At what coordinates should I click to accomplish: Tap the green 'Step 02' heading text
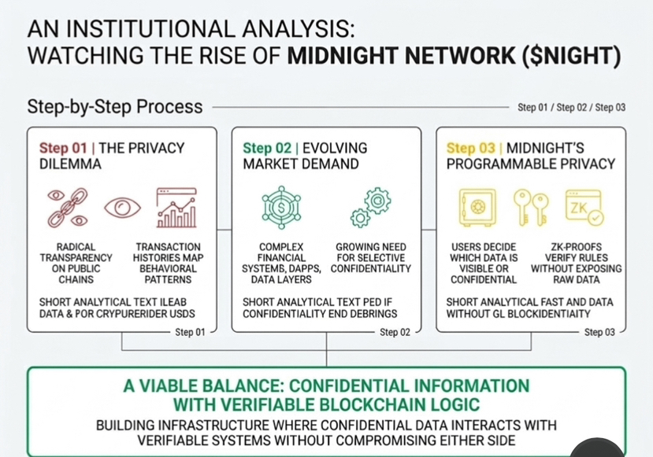267,148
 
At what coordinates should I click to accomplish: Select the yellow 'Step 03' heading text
471,148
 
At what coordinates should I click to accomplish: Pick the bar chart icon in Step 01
176,208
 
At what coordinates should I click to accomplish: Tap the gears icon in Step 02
370,206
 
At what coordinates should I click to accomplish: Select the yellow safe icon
477,206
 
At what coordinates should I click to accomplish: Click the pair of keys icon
530,206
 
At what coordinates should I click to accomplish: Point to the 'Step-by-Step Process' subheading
115,106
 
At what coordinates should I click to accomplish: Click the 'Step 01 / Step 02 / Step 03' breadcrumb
571,107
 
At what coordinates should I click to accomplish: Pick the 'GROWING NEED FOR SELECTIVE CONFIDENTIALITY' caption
371,257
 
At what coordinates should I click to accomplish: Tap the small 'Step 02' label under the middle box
395,332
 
